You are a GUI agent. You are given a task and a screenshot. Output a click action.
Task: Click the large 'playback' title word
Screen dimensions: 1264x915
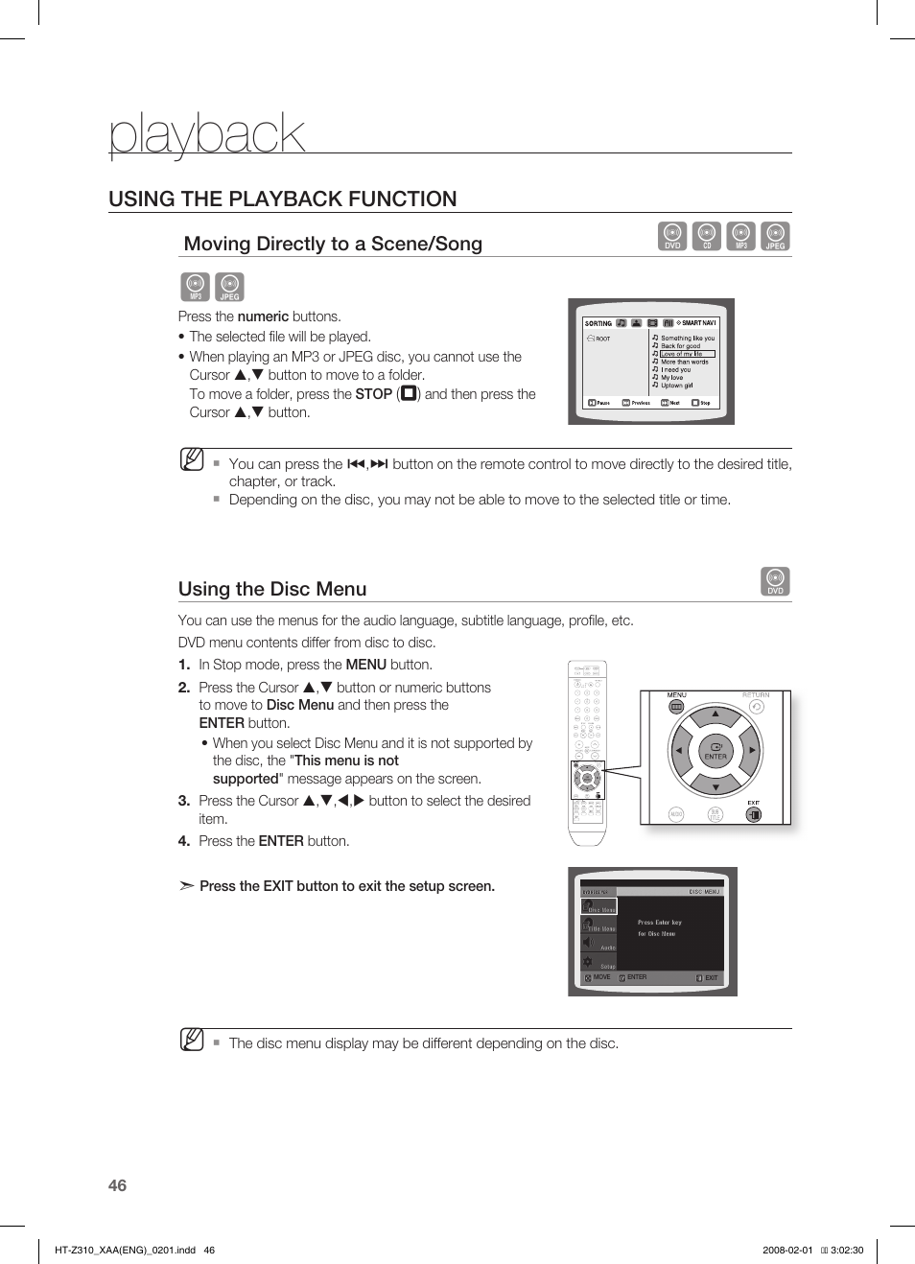pos(207,133)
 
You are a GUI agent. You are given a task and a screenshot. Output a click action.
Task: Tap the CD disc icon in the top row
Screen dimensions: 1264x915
pos(707,236)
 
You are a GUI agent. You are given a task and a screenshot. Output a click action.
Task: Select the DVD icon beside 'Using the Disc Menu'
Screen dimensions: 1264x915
pos(775,581)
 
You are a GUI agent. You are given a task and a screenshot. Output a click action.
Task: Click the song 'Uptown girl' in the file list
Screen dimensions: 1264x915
pos(676,386)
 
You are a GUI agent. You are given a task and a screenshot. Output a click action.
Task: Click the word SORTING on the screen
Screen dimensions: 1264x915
pos(598,323)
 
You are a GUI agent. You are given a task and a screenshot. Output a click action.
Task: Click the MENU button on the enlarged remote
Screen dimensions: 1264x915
pos(676,707)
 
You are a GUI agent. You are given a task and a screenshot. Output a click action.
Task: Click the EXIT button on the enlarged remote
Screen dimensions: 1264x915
pos(754,815)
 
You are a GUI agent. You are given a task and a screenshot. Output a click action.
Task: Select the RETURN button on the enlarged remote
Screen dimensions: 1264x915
pos(756,707)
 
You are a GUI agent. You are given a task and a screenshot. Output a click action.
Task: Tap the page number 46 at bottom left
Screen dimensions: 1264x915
pos(117,1185)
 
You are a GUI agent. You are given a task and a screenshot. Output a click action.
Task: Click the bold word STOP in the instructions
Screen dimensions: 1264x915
pos(373,394)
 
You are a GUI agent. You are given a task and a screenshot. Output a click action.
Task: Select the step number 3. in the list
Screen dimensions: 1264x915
pos(184,801)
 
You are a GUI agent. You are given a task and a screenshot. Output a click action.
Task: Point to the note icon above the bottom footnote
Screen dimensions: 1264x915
pos(192,1040)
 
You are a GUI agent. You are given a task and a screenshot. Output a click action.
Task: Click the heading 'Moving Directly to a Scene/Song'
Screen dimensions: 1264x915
pos(333,244)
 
